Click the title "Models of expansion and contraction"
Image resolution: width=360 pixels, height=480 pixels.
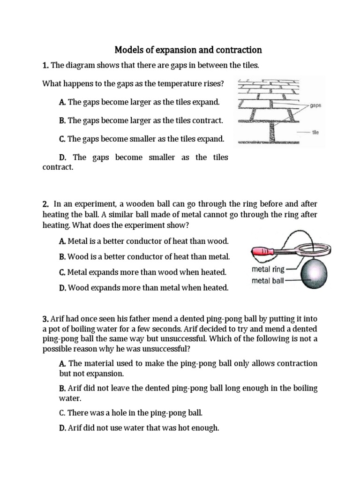pos(188,50)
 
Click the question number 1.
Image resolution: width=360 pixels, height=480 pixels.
pos(45,65)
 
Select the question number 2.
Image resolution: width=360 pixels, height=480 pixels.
pos(45,204)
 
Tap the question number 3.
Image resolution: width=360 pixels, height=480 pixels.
pos(45,319)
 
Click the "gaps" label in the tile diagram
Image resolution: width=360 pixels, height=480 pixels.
pos(315,106)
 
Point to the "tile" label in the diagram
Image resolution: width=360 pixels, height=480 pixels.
pos(315,132)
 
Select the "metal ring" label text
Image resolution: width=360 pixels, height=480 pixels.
pos(268,270)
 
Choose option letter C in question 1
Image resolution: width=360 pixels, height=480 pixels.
pos(62,139)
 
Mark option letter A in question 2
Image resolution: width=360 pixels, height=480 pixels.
pos(62,241)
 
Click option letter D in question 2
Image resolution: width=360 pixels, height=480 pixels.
pos(62,288)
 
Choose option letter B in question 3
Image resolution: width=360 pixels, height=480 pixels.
pos(62,389)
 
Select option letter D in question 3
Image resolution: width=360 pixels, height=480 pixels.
pos(62,428)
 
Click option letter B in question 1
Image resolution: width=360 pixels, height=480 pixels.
pos(62,120)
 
